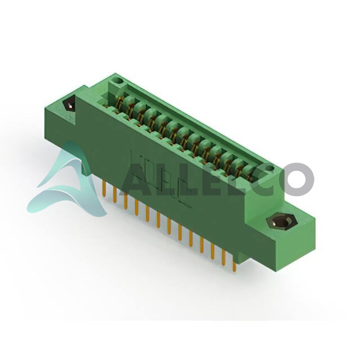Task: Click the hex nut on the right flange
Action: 282,222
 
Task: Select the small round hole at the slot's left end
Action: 119,81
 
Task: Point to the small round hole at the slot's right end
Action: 272,169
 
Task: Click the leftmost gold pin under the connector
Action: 104,188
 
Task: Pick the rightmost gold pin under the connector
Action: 234,263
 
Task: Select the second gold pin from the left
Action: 115,194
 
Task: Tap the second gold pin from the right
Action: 224,257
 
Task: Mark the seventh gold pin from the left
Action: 169,226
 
